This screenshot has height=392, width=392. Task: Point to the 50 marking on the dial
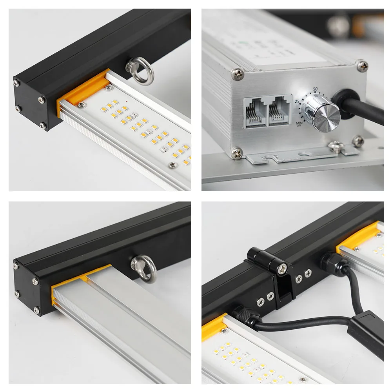(x=316, y=89)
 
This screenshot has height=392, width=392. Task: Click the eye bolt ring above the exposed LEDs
(x=140, y=70)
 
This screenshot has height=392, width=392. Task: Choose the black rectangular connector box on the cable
(x=366, y=333)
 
